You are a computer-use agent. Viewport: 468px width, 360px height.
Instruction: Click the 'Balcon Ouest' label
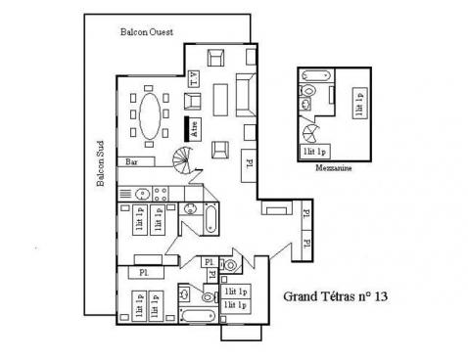click(146, 31)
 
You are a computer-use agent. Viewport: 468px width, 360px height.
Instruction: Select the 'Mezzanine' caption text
click(335, 167)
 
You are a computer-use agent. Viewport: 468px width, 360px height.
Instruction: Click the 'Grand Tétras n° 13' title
click(335, 293)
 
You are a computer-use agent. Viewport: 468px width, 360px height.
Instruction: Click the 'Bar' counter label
click(131, 160)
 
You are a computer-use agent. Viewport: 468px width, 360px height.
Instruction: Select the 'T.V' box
click(194, 78)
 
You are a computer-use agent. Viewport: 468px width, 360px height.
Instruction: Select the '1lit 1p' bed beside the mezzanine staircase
click(315, 152)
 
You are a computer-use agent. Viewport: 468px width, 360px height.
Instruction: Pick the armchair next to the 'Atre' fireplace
click(219, 149)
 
